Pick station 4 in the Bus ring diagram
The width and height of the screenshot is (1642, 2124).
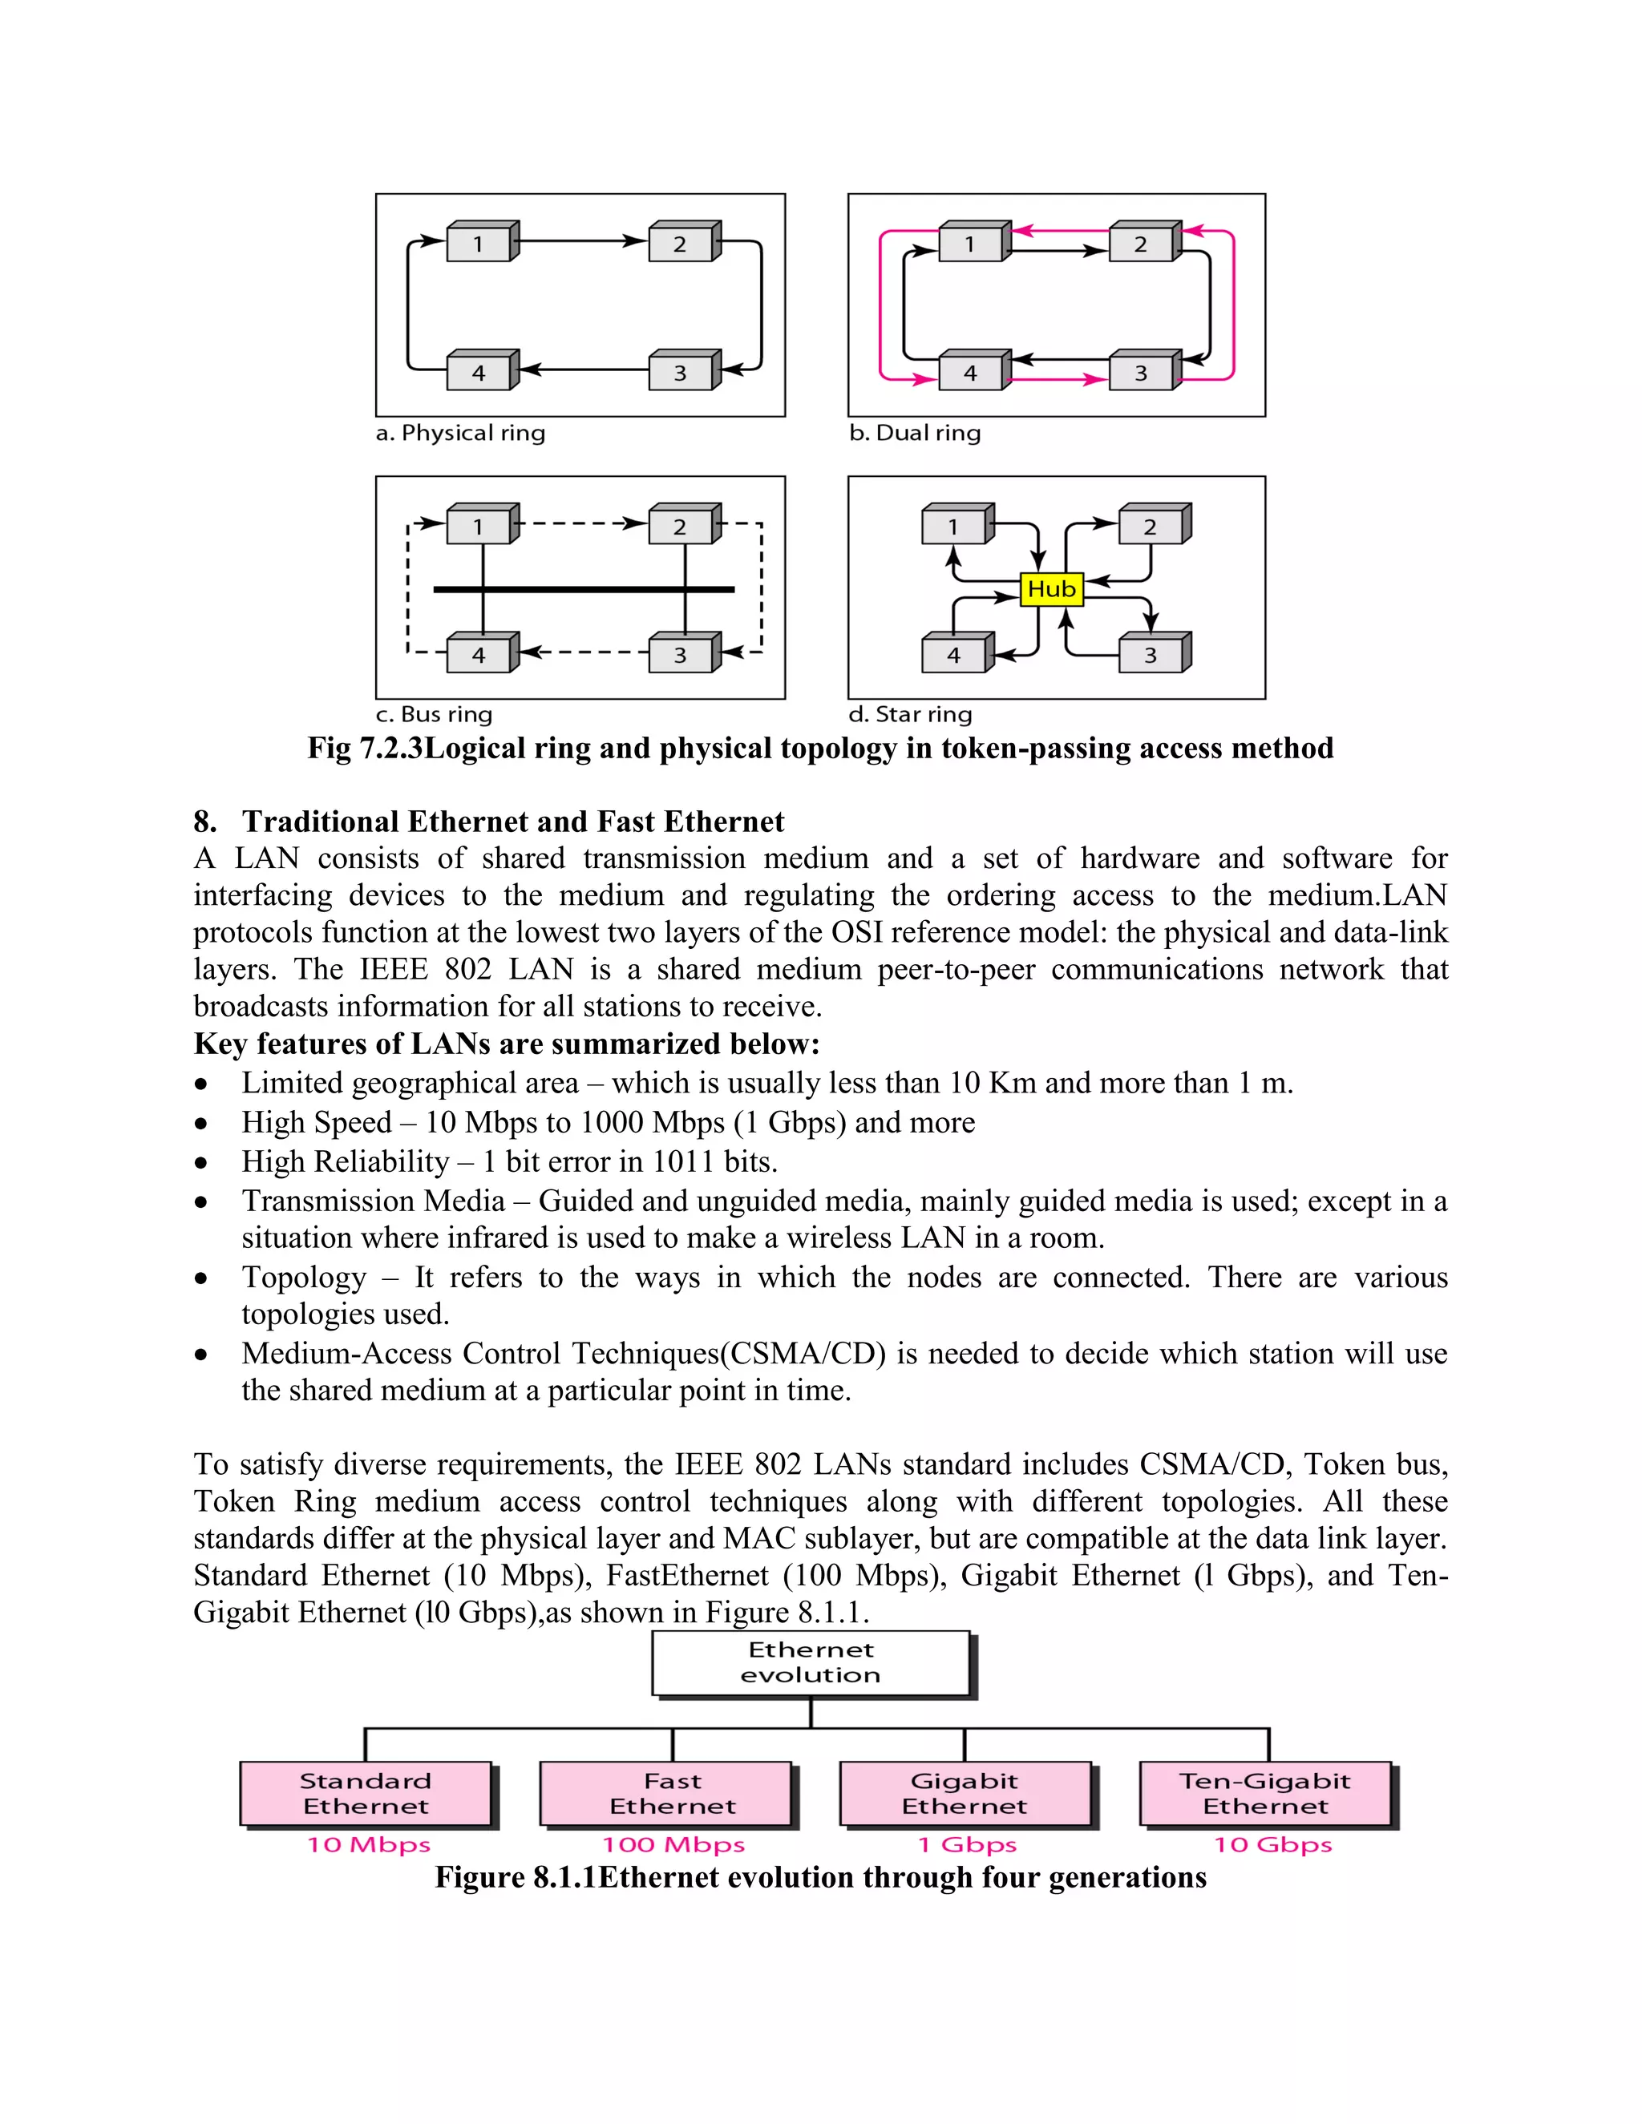[479, 656]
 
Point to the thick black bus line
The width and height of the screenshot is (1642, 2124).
[584, 589]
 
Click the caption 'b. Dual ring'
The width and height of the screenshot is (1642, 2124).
[914, 433]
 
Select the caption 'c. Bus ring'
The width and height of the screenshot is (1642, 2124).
[434, 715]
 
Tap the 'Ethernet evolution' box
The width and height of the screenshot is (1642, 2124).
[811, 1662]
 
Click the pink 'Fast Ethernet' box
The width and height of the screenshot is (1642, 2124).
[672, 1793]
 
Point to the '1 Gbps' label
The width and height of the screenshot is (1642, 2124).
[967, 1845]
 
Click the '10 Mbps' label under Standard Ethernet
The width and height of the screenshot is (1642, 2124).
[369, 1845]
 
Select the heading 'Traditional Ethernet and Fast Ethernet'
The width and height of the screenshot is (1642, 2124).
[512, 822]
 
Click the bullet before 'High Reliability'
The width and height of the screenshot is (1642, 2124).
[201, 1163]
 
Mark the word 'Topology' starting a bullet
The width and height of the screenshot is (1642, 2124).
[304, 1277]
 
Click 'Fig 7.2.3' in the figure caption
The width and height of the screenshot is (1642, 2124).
[366, 748]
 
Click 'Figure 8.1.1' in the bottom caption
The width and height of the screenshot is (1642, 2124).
[516, 1877]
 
